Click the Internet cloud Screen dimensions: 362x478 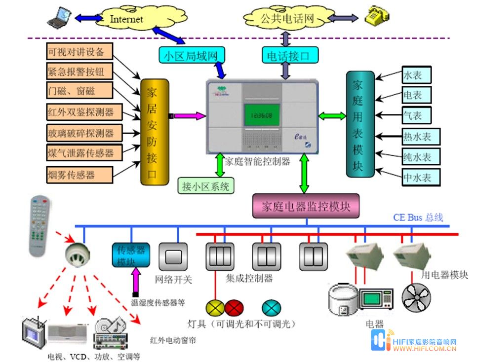(x=126, y=19)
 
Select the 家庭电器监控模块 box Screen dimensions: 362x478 (x=306, y=206)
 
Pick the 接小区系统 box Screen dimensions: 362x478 (x=206, y=186)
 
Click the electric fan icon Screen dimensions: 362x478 (x=416, y=297)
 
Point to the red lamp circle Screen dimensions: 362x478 (x=234, y=308)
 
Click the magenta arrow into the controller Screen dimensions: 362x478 (x=189, y=116)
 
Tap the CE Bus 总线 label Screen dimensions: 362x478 (x=418, y=217)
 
